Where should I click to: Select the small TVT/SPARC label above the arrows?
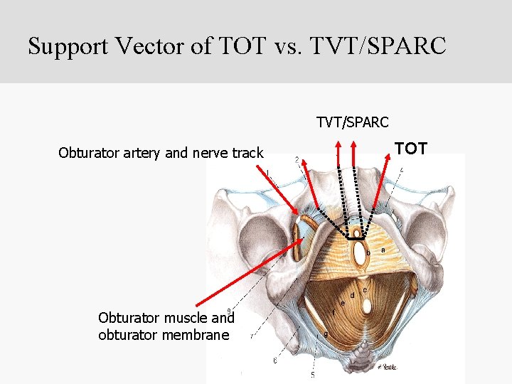click(x=353, y=122)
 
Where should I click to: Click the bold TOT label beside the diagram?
click(x=411, y=149)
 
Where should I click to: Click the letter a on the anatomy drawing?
click(x=383, y=250)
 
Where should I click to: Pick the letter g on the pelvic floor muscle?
click(x=326, y=334)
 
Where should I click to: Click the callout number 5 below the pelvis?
click(x=312, y=374)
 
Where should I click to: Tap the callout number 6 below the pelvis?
click(x=275, y=361)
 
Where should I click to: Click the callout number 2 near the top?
click(x=297, y=160)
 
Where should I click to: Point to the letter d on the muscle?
click(x=352, y=295)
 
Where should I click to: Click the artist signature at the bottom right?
click(x=386, y=367)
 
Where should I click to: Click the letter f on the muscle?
click(x=333, y=312)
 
